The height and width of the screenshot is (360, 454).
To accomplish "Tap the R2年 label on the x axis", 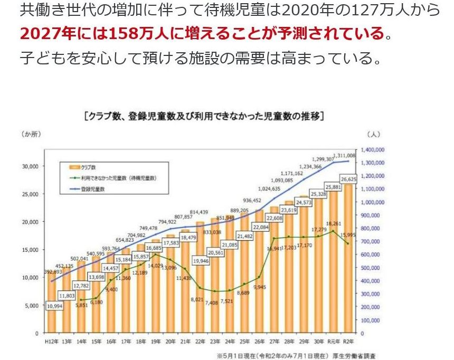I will (348, 342).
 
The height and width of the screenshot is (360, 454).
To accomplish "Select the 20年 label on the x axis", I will (171, 342).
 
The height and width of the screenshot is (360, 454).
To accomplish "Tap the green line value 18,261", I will (333, 224).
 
